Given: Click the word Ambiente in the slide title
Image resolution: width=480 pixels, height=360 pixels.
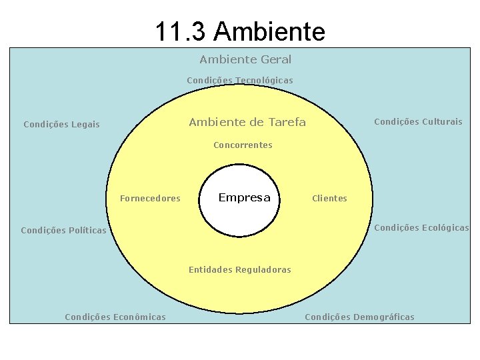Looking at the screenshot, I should point(270,31).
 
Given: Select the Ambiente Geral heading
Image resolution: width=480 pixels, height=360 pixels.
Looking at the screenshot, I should point(245,59).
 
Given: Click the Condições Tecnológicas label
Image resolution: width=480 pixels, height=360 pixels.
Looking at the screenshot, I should point(240,80).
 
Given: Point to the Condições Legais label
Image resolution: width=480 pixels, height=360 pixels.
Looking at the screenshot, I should point(61,124).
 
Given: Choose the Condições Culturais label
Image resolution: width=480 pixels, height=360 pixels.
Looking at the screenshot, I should point(418,121).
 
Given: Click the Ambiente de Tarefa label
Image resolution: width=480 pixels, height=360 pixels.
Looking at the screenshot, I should point(247,122).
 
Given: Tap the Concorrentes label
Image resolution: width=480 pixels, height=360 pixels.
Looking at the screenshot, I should point(243,145).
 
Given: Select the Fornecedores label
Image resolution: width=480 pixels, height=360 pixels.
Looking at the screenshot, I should point(150,198).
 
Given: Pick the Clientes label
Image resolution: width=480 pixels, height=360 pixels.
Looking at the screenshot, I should point(329,198).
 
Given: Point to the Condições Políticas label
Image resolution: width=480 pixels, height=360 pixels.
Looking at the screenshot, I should point(63,231).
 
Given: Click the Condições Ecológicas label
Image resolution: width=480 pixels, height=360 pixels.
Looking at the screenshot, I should point(421,227).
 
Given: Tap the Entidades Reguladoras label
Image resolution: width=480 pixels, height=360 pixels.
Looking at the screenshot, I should point(240,270).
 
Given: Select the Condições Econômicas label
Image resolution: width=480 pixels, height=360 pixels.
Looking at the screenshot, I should point(115,317).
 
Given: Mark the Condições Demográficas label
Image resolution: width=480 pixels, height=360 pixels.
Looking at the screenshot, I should point(359,317).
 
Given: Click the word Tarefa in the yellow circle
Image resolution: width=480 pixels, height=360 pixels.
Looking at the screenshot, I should point(287,122).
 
